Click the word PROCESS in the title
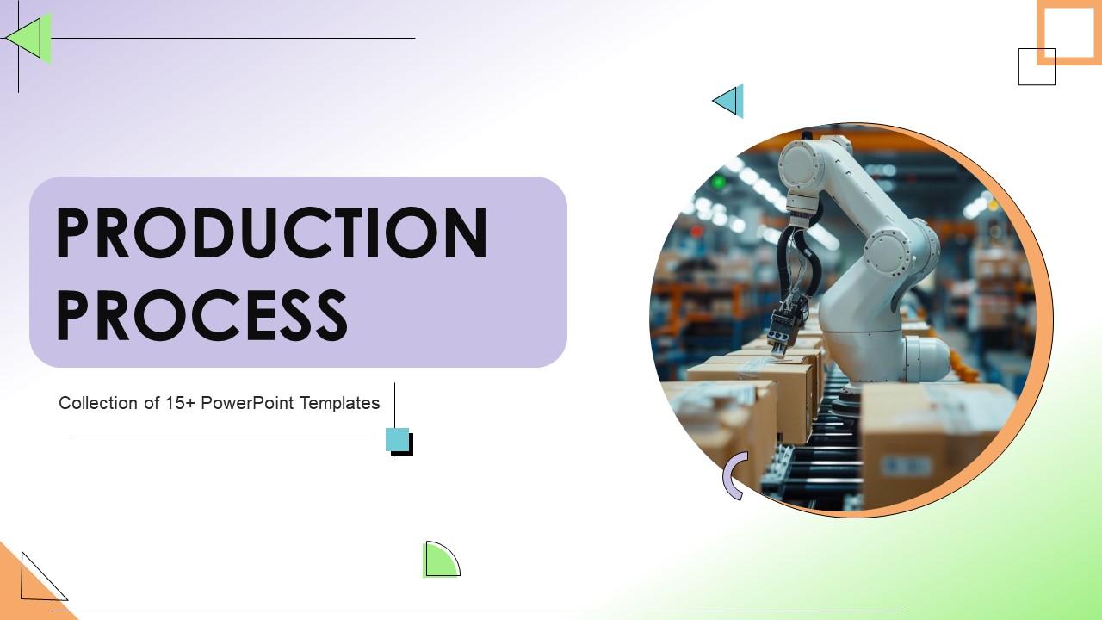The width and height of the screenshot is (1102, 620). [202, 315]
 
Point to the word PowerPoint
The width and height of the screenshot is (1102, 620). [248, 403]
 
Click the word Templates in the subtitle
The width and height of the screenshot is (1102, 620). [340, 403]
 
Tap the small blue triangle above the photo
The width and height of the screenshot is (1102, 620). [730, 102]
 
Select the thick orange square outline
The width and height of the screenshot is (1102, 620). [1068, 32]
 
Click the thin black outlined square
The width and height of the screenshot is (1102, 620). [1036, 67]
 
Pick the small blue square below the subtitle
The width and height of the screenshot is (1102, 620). [398, 440]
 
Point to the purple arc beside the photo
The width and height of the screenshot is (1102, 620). [733, 476]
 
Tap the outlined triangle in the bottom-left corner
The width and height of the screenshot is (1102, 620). [39, 580]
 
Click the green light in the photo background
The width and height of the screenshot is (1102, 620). [719, 183]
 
